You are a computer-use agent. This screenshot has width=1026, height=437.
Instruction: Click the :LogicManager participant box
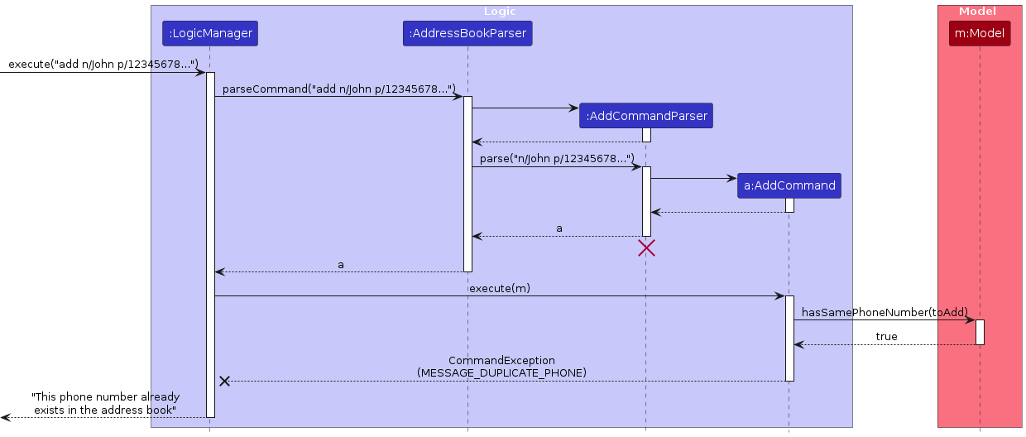(209, 33)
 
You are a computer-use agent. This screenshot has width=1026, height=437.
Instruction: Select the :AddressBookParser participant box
(467, 33)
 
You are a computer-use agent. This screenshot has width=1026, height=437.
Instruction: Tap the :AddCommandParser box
(646, 116)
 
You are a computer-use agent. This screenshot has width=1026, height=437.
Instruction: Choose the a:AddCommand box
(789, 185)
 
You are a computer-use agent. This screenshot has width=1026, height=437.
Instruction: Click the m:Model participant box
(980, 33)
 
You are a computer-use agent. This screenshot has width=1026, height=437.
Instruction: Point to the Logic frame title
(500, 12)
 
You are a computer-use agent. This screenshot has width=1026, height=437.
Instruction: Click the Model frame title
(977, 12)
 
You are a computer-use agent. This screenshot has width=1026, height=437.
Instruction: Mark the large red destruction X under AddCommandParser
(646, 247)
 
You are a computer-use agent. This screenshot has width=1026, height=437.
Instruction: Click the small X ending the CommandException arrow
(224, 381)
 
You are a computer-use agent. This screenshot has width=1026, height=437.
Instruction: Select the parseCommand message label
(339, 89)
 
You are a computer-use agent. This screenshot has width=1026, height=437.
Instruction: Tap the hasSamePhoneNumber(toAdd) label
(885, 312)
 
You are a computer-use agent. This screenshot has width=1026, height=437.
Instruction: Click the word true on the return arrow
(886, 337)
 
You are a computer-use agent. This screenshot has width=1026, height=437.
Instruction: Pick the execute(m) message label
(500, 288)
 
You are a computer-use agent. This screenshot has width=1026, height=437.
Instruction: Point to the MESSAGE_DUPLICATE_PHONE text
(501, 373)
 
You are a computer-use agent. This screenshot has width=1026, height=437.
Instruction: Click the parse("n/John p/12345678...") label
(557, 158)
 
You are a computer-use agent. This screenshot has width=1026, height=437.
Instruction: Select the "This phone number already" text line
(104, 397)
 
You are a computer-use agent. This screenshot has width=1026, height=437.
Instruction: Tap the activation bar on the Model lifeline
(980, 332)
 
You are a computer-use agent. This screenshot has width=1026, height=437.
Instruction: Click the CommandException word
(501, 361)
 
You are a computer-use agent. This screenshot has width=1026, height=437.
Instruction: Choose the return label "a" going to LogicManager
(341, 265)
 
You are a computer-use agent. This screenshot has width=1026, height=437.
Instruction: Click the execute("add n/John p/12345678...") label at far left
(103, 64)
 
